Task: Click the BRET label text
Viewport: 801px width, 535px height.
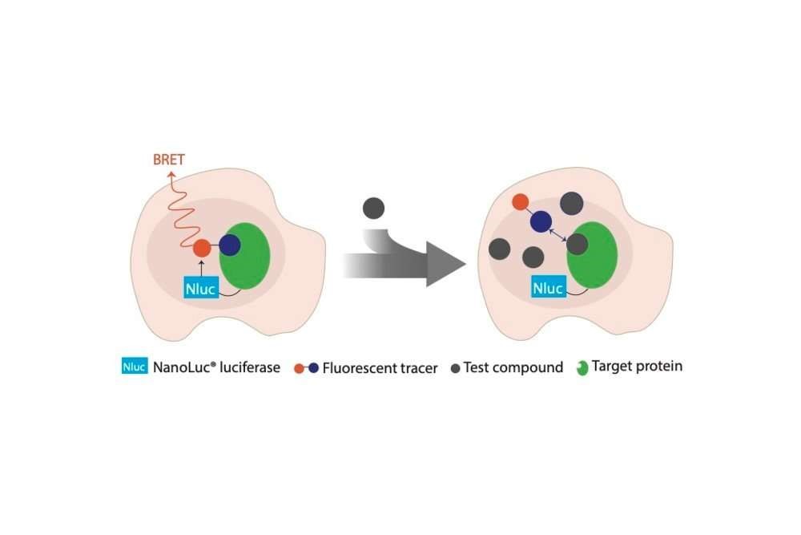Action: point(168,160)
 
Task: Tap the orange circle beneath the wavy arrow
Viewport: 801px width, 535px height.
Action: point(202,248)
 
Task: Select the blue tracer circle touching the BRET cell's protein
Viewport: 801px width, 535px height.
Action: point(230,245)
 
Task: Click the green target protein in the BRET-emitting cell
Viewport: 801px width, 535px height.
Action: point(244,256)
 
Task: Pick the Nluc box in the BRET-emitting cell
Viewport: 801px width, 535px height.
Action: point(201,288)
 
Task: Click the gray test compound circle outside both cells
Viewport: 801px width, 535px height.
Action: point(373,209)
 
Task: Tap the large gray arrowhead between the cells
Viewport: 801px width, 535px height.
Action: point(446,265)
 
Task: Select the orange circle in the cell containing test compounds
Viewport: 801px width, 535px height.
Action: point(520,201)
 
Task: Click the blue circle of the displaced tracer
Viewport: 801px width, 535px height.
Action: point(541,221)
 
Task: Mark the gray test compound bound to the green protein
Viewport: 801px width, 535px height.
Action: point(578,244)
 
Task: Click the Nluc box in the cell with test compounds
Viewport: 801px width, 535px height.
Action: point(549,287)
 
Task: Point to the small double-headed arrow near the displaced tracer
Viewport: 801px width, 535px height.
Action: point(557,235)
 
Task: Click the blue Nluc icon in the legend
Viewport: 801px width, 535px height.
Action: point(135,366)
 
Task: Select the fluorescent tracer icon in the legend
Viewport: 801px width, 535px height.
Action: point(307,368)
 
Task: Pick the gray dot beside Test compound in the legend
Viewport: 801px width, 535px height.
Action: point(456,368)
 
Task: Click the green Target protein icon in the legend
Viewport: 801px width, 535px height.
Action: point(582,367)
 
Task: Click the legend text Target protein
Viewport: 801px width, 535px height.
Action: point(637,367)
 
